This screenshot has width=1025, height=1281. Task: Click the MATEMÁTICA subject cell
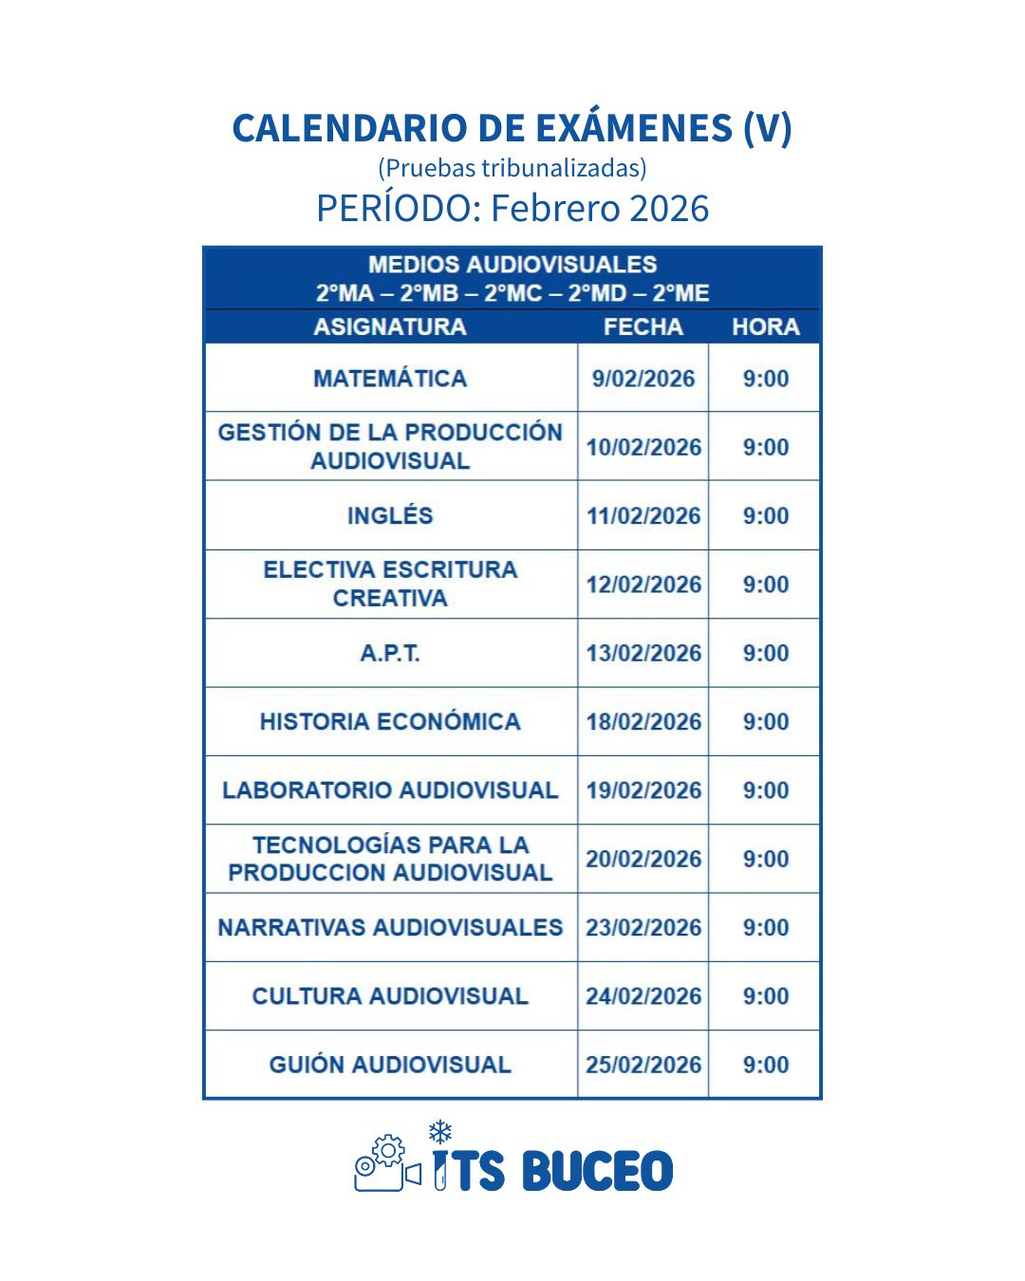(390, 379)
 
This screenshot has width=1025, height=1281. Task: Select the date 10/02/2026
(643, 447)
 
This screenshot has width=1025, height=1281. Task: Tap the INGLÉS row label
(390, 516)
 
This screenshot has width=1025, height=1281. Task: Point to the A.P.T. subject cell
(390, 653)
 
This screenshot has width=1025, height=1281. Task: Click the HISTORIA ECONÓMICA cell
(390, 722)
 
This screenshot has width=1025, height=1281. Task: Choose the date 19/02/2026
(643, 790)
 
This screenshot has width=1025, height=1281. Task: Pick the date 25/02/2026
(643, 1065)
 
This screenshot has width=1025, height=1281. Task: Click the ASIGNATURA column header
(390, 327)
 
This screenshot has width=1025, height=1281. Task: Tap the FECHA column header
(643, 327)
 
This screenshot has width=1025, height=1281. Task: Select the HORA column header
(765, 327)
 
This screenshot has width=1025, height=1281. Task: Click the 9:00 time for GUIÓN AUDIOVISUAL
(765, 1065)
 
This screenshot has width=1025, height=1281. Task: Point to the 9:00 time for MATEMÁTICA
(765, 379)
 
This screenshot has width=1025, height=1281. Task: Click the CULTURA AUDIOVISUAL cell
(390, 996)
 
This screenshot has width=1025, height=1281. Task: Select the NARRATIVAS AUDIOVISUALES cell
(390, 927)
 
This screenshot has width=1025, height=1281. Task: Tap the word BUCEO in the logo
(597, 1171)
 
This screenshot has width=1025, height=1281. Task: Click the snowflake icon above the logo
(439, 1131)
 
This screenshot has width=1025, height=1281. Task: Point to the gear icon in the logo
(387, 1151)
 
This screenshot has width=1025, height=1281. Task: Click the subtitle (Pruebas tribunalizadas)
(512, 168)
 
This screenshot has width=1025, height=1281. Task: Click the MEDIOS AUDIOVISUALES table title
(512, 265)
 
